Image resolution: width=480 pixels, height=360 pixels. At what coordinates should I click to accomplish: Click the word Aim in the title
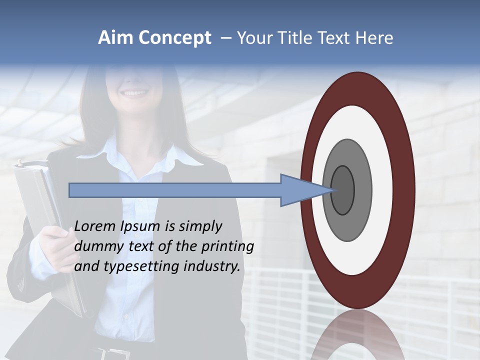tap(116, 38)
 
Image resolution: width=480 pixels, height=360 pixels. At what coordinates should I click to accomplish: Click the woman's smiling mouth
tap(134, 93)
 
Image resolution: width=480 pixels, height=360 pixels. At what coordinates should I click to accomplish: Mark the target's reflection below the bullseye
tap(358, 335)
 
